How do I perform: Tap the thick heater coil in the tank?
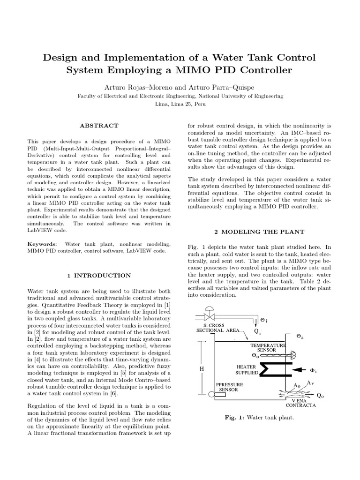[267, 370]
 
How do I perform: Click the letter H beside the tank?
[202, 369]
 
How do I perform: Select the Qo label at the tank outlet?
[320, 395]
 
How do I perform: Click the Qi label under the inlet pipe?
[257, 330]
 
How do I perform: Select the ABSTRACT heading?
[99, 126]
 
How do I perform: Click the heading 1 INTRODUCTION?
[99, 275]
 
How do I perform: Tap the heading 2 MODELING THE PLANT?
[259, 232]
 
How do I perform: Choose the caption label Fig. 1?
[236, 417]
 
